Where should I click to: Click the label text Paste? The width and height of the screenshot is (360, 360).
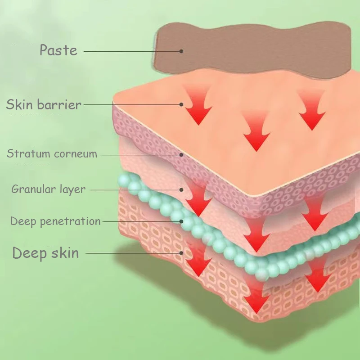point(58,50)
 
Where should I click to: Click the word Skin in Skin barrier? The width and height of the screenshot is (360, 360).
point(19,104)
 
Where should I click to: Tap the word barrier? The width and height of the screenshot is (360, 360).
point(59,104)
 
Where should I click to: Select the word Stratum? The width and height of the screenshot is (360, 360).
point(28,153)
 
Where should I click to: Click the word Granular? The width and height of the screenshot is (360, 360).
point(33,189)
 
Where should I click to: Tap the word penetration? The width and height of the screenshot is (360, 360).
point(70,221)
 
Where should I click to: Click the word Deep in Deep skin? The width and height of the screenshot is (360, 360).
point(29,253)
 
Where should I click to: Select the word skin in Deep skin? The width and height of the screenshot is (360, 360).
point(65,252)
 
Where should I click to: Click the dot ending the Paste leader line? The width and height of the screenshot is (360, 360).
point(181,51)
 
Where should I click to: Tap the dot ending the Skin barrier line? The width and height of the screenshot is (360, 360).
point(181,104)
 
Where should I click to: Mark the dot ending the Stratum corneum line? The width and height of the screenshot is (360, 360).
point(181,155)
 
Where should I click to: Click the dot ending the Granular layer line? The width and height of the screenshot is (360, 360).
point(181,190)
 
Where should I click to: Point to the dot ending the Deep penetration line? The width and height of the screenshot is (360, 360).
point(181,221)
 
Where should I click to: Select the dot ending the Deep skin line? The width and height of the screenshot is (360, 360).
point(181,253)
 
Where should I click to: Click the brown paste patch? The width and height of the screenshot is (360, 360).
point(252,50)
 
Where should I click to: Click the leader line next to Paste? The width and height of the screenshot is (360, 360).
point(131,51)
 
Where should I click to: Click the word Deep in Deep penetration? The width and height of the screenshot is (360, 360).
point(23,221)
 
